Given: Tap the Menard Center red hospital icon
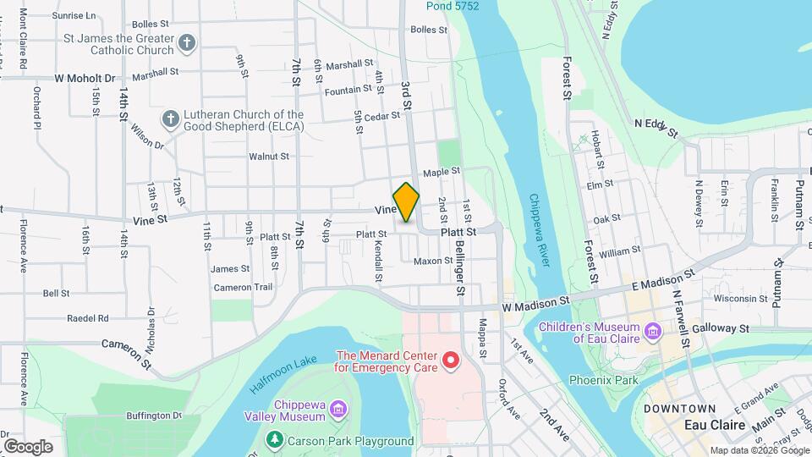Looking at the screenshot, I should (x=451, y=361).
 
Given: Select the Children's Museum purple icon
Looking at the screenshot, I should (x=652, y=331).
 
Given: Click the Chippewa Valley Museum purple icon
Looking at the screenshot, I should (x=338, y=410).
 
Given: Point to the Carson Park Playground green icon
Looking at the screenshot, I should (x=274, y=440).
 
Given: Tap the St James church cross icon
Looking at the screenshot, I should (x=187, y=43).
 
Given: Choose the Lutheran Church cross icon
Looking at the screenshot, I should (x=171, y=119).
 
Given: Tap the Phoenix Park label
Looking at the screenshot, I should (x=603, y=380).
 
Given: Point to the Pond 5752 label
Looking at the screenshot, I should (x=453, y=6).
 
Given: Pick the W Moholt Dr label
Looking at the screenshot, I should (x=85, y=78).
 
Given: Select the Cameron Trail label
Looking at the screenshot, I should (x=243, y=287).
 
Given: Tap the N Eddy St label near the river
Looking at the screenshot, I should (x=656, y=127).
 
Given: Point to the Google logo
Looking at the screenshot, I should (x=28, y=446).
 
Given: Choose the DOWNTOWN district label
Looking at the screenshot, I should (x=674, y=409).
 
